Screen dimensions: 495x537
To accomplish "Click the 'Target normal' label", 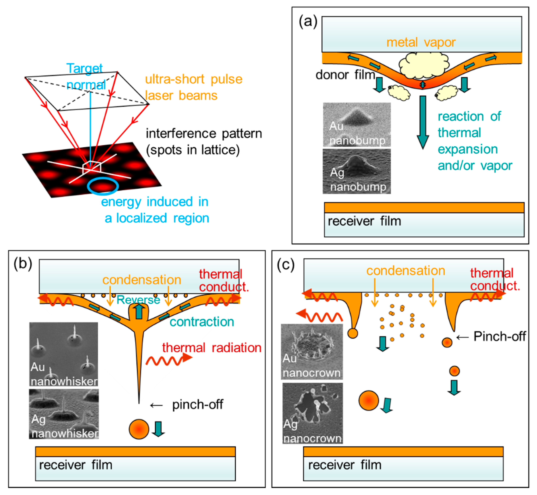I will pos(85,77).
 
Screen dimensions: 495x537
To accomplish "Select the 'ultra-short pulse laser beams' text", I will pos(193,87).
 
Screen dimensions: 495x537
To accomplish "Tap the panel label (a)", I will pos(308,21).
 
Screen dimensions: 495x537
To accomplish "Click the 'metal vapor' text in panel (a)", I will pos(421,42).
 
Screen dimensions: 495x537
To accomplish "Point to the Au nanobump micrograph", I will pos(357,124).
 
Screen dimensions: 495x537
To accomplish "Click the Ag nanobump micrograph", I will pos(357,171).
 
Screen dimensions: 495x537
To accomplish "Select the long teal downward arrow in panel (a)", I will pos(423,122).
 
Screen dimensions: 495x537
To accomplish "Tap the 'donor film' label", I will pos(345,75).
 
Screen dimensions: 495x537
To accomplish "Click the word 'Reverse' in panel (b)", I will pos(138,300).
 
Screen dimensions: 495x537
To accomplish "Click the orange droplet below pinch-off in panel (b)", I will pos(139,429).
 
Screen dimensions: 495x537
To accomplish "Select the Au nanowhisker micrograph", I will pos(64,354).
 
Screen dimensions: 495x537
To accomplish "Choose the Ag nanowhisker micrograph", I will pos(64,414).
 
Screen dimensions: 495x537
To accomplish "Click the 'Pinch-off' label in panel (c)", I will pos(499,336).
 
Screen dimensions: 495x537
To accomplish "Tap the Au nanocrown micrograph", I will pos(312,351).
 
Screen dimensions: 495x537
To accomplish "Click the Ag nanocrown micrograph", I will pos(312,413).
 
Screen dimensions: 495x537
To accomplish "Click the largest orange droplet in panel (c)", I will pos(369,401).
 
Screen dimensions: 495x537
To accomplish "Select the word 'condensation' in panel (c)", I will pos(406,271).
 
